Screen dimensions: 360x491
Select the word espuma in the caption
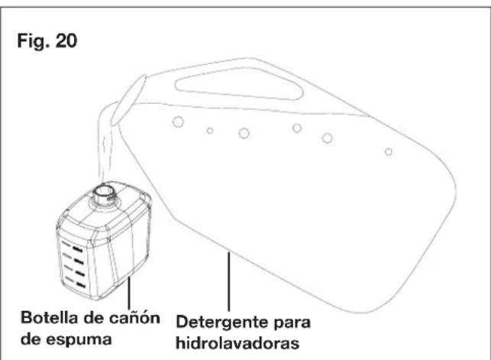pos(85,335)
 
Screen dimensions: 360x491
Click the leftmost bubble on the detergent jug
pos(177,122)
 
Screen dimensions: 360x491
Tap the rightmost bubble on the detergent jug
pos(388,152)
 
